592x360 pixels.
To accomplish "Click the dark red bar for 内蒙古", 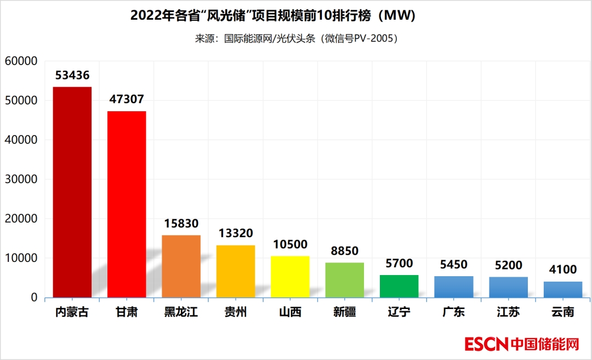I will [x=72, y=192].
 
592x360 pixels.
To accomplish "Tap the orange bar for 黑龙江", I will [x=181, y=266].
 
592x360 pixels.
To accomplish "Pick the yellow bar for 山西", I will [x=290, y=276].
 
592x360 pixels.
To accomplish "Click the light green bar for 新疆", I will [x=344, y=279].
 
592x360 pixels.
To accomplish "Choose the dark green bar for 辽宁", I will [x=399, y=286].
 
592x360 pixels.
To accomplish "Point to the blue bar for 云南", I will [x=563, y=289].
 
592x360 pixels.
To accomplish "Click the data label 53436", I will [x=72, y=76].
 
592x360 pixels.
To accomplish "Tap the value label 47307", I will [x=127, y=100].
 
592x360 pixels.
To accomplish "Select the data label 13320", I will [x=235, y=233].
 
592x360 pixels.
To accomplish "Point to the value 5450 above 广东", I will [x=453, y=265].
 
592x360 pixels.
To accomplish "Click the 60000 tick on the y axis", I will [x=21, y=61].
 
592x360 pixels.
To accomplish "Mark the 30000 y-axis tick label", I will [x=21, y=179].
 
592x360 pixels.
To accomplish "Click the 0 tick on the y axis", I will [x=34, y=298].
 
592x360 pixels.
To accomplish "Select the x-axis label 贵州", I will [x=235, y=313].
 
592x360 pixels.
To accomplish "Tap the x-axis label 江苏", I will [x=508, y=313].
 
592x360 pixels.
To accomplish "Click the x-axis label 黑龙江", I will [x=181, y=313].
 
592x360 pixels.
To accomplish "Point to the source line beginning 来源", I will [x=296, y=39].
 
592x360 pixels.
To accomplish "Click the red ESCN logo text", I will [x=487, y=344].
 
